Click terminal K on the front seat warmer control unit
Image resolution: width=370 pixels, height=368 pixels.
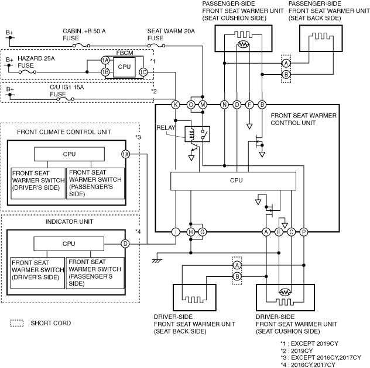tap(175, 105)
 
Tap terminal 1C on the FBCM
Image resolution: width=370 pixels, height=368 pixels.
tap(143, 72)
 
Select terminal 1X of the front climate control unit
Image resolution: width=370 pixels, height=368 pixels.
tap(125, 154)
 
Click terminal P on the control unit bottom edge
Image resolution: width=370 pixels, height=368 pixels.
tap(304, 232)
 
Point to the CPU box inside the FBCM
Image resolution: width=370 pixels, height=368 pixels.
tap(124, 67)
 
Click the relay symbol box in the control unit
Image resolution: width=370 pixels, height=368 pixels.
tap(197, 134)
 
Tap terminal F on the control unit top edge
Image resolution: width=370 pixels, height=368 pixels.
tap(249, 105)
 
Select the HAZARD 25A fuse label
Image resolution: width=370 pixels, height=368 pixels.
tap(36, 62)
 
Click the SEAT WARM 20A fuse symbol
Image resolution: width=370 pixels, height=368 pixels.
tap(156, 46)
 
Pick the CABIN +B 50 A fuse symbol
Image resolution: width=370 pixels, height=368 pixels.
tap(81, 46)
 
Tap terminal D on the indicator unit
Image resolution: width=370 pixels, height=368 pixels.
tap(125, 244)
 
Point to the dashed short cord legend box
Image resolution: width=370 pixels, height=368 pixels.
tap(17, 323)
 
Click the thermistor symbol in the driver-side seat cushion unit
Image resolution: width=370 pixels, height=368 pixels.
tap(285, 292)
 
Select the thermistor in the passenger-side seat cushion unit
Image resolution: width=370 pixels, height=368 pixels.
tap(243, 44)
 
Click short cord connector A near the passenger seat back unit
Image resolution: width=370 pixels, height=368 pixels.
tap(286, 63)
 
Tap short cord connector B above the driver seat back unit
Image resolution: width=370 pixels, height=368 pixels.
tap(237, 276)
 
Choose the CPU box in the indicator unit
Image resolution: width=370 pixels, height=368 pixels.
tap(69, 244)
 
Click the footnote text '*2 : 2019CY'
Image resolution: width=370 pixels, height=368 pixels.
tap(297, 350)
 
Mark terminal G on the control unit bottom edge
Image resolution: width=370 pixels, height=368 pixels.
tap(202, 232)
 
